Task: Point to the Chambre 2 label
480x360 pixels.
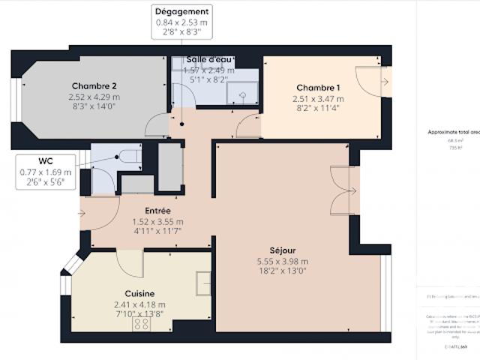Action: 94,85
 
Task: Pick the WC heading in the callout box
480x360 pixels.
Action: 46,160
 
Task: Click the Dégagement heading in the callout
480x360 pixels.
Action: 181,12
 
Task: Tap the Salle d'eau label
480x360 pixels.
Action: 208,59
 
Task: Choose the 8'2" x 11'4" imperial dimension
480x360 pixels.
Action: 318,108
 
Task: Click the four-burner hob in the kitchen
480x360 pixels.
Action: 140,324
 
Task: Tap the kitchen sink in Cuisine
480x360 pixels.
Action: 204,282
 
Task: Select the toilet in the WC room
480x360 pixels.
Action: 129,156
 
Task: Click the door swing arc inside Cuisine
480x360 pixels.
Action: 129,263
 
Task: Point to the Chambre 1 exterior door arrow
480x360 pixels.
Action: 385,79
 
